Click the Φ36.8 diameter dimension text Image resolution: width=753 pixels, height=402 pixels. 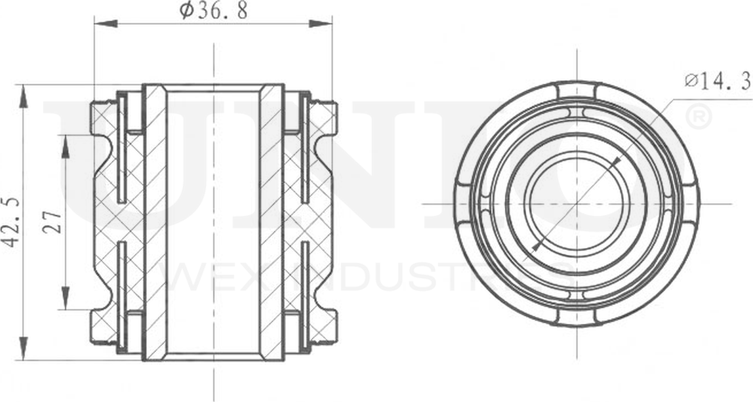tap(214, 11)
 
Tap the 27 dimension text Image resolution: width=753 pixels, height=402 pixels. tap(55, 222)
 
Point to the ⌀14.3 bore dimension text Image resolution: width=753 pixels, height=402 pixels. tap(716, 81)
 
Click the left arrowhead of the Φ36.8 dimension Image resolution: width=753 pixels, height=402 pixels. tap(105, 24)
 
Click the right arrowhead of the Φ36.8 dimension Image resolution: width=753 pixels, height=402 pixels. tap(321, 24)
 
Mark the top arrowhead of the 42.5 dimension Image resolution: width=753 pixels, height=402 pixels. tap(24, 95)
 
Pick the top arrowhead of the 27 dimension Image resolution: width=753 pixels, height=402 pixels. tap(66, 146)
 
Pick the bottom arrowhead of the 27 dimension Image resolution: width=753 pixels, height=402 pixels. tap(66, 298)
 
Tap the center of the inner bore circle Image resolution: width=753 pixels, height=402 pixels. tap(577, 203)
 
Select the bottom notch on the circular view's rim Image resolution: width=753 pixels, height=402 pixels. tap(577, 316)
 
